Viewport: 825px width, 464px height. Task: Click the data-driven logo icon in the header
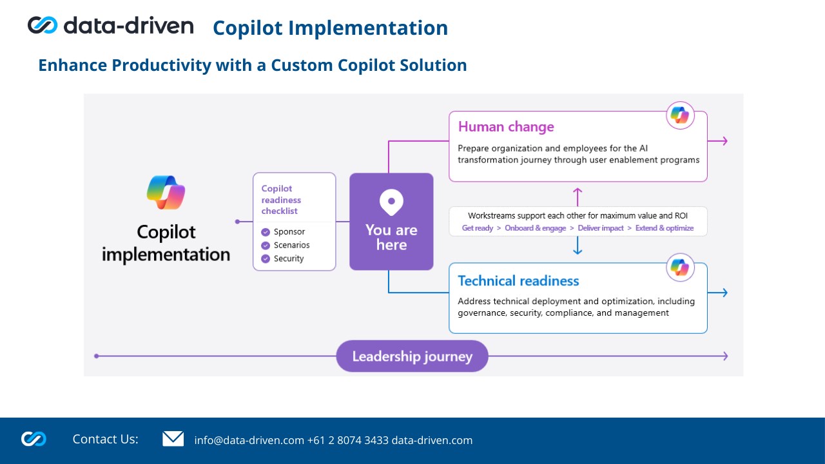click(43, 25)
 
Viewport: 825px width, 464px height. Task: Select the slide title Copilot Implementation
click(330, 28)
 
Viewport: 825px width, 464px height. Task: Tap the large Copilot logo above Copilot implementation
click(166, 192)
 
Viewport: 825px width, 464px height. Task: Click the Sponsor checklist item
click(289, 232)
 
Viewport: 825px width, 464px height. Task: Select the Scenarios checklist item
click(291, 246)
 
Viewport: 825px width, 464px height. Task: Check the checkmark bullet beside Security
click(266, 259)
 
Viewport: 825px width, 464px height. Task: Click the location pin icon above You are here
click(391, 202)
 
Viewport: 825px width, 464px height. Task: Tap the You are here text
click(391, 237)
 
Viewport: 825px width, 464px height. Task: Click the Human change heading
click(506, 126)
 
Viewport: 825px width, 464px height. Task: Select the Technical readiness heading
click(518, 281)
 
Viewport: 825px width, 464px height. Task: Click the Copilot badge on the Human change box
click(680, 115)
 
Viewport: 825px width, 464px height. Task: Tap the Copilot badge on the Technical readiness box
click(680, 267)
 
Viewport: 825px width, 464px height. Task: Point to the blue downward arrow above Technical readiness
click(577, 246)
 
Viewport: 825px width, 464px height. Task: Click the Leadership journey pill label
click(412, 356)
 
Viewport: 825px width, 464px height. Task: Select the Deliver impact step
click(601, 228)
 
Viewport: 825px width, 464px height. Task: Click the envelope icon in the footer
click(173, 439)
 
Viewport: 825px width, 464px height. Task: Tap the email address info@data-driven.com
click(249, 441)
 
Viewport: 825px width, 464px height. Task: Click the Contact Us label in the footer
click(105, 440)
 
